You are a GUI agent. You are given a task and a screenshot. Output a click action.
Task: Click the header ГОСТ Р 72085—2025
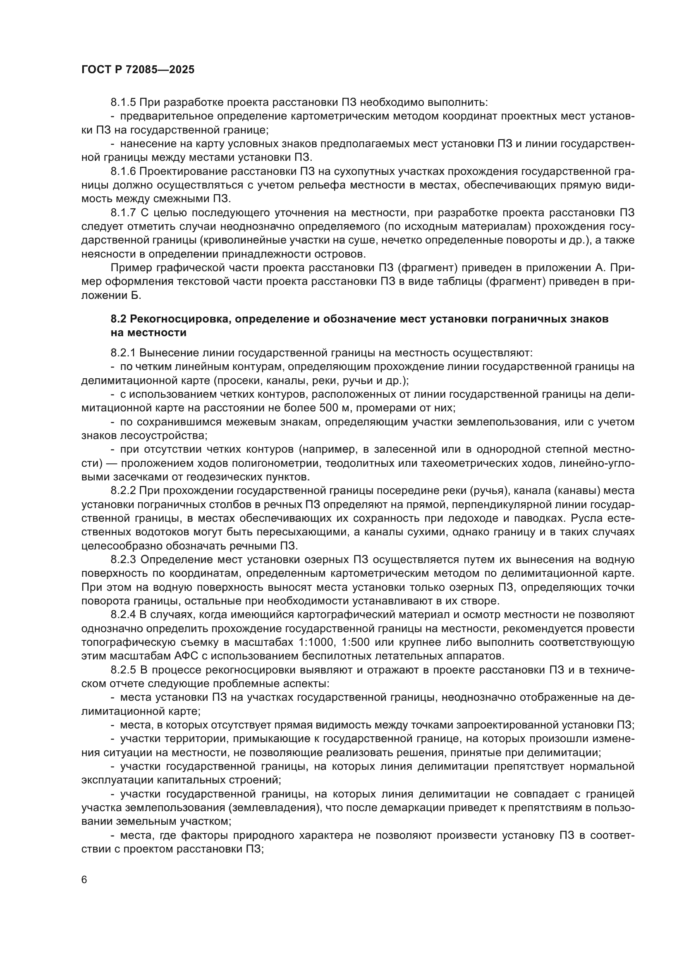tap(138, 70)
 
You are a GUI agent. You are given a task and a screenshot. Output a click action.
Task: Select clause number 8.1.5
tap(123, 103)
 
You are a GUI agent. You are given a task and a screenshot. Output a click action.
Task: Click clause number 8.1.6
tap(123, 172)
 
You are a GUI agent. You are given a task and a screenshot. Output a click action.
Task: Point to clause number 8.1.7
tap(123, 213)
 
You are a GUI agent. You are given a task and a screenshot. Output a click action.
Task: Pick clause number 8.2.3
tap(123, 560)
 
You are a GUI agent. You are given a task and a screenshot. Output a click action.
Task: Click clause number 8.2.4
tap(123, 615)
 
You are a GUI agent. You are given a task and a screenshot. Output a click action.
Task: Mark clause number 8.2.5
tap(123, 670)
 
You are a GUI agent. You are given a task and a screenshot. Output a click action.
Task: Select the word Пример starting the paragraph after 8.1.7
tap(129, 268)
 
